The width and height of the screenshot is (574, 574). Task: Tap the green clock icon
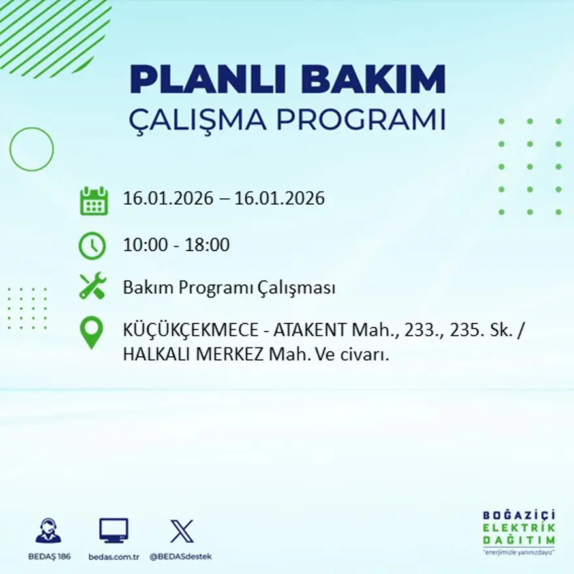click(92, 245)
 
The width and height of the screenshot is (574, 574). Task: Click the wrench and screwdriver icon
click(93, 286)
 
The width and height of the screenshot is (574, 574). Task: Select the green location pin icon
click(91, 332)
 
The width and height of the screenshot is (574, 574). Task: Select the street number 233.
click(421, 331)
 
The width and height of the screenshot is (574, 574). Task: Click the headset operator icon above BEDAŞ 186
click(48, 530)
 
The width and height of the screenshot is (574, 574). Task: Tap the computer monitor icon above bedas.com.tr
click(113, 530)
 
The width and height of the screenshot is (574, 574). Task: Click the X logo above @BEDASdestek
click(181, 530)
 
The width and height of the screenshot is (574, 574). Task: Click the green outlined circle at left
click(31, 149)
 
